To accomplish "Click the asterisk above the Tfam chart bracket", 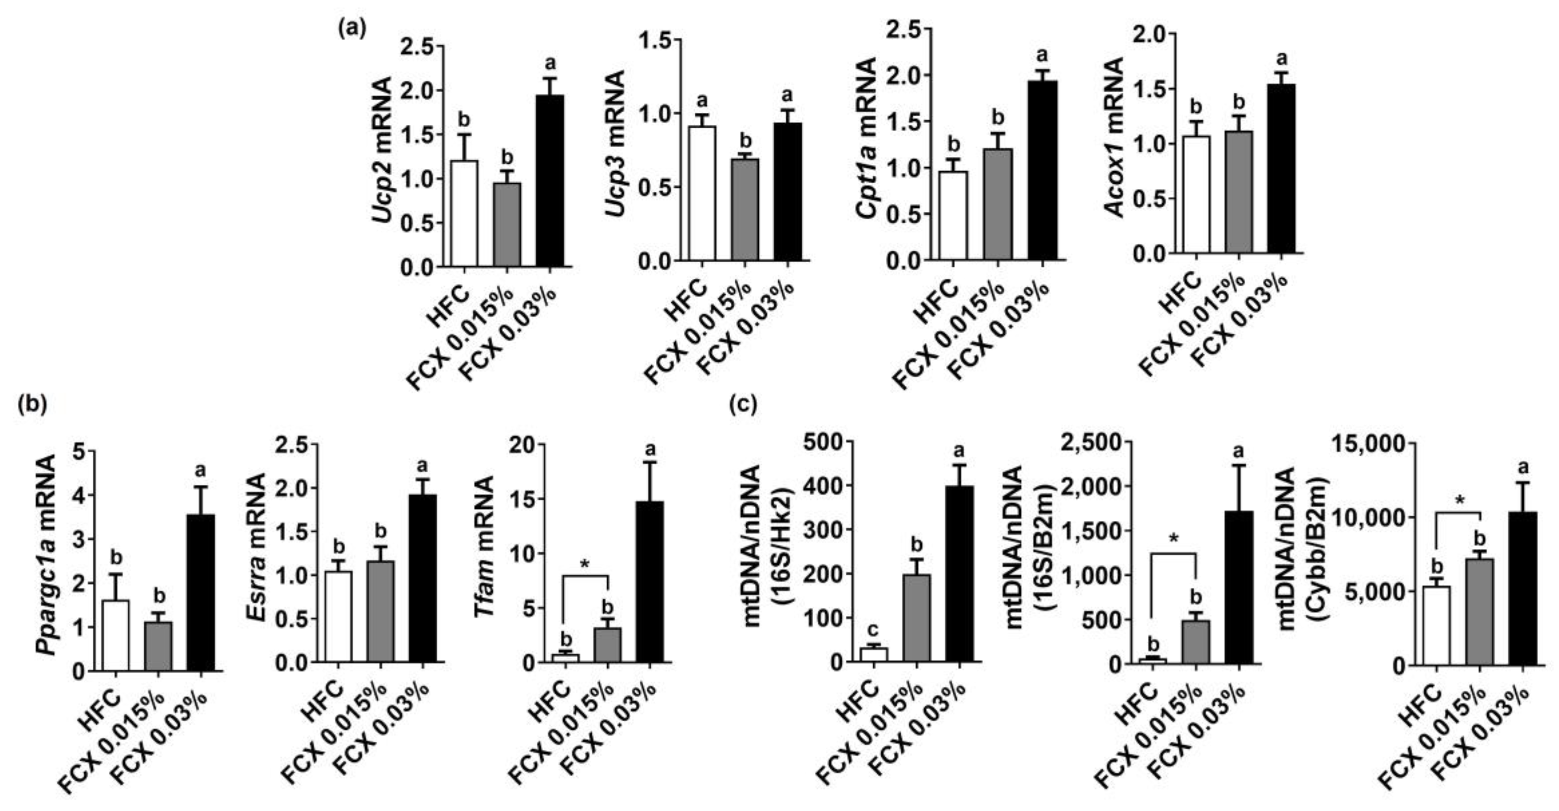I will click(x=585, y=564).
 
